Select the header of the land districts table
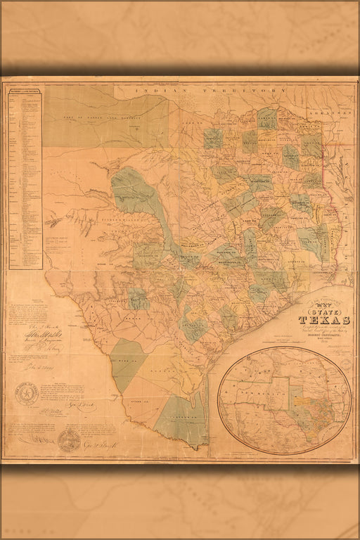click(x=24, y=89)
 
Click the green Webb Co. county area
click(x=127, y=362)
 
